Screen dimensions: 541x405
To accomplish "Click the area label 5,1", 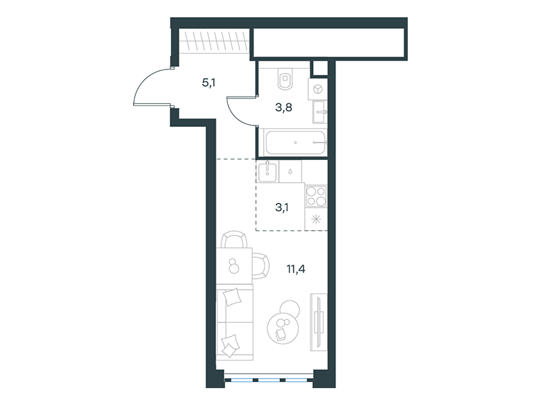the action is tap(209, 82).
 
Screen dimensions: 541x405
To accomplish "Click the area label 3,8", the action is tap(283, 108).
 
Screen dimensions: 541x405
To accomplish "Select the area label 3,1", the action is tap(282, 208).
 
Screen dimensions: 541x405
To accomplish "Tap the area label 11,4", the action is tap(296, 269).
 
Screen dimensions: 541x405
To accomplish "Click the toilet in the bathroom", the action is tap(285, 78).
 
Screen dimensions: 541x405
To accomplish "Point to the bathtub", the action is tap(295, 142).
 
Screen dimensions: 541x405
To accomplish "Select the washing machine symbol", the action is tap(317, 89).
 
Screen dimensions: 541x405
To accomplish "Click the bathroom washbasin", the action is tap(319, 112).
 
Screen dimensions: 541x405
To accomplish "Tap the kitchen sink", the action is tap(267, 171).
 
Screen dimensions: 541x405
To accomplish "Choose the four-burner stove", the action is tap(316, 196).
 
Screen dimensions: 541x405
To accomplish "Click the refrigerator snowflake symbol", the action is tap(316, 219).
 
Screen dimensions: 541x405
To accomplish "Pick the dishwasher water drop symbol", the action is tap(291, 171).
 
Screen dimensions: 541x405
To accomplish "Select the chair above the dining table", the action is tap(234, 240).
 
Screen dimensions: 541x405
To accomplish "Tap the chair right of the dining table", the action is tap(260, 265).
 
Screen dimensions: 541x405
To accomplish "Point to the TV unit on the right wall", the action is tap(319, 322).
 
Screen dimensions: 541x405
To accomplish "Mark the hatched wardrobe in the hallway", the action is tap(214, 41).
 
